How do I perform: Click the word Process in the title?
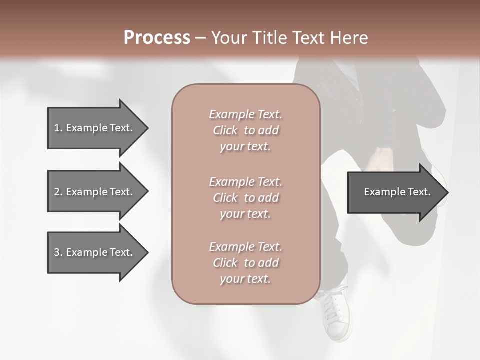tap(157, 37)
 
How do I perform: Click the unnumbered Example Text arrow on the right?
tap(395, 192)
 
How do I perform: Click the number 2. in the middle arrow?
tap(58, 192)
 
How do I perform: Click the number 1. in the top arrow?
tap(58, 128)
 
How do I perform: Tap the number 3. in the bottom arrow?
tap(58, 252)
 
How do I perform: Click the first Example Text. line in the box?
tap(245, 114)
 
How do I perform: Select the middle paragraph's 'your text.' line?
tap(245, 214)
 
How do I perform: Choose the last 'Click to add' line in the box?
tap(245, 263)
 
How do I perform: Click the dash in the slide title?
tap(200, 38)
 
